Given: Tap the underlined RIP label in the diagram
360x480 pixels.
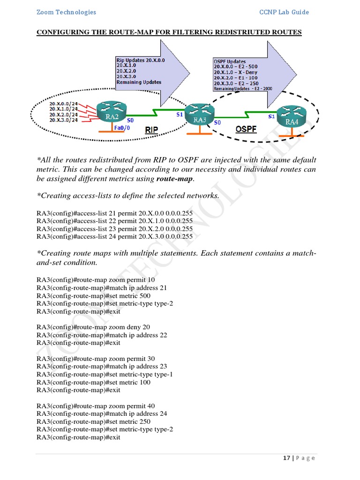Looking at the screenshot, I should (x=151, y=130).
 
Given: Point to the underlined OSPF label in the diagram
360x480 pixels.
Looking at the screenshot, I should (x=246, y=128).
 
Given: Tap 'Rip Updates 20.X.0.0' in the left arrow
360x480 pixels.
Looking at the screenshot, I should (x=141, y=60).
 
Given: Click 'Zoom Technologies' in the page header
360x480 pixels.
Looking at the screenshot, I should (x=66, y=12).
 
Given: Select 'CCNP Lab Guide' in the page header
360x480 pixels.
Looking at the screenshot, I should (x=284, y=12).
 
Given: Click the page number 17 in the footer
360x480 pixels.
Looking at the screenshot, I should (x=286, y=458).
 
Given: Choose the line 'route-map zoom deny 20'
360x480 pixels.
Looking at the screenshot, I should (x=93, y=327).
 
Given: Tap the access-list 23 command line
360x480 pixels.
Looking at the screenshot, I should (x=114, y=229).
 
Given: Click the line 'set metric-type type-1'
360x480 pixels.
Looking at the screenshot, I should (x=105, y=375).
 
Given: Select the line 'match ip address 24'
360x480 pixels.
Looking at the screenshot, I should (x=102, y=414).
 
